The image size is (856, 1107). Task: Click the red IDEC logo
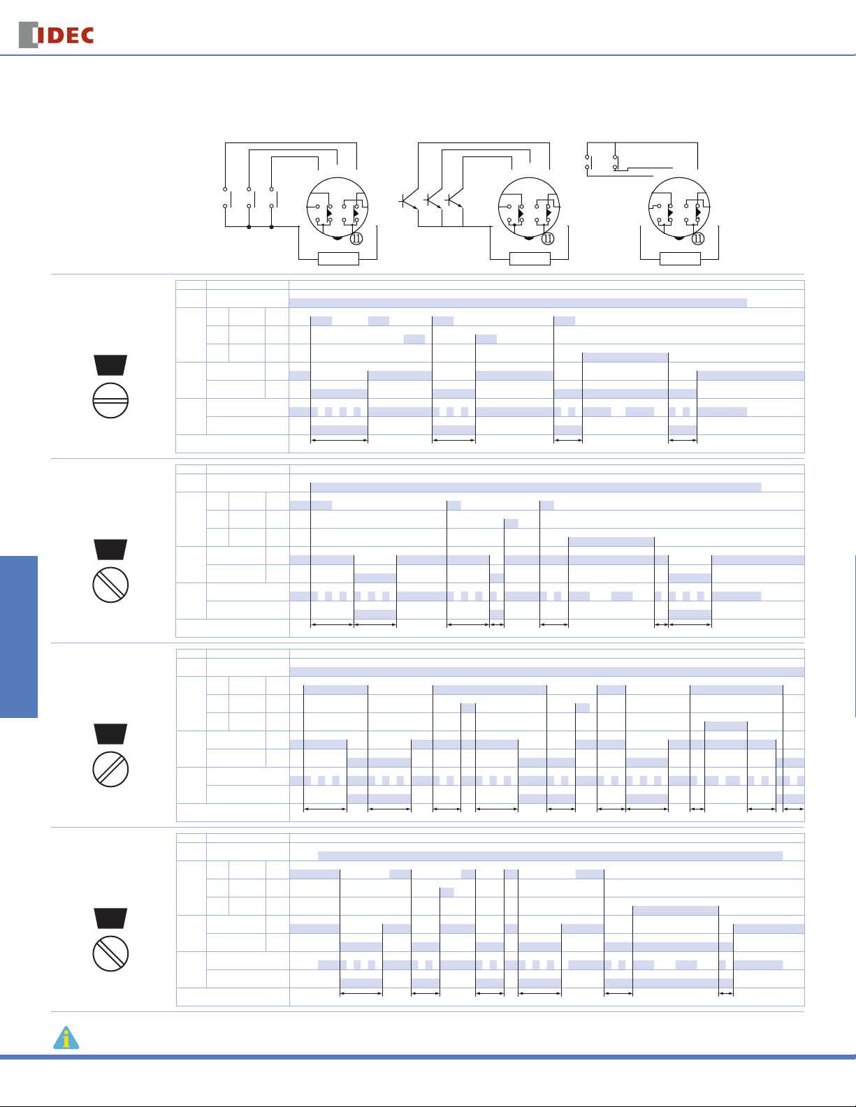click(56, 35)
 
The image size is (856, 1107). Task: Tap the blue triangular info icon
click(66, 1038)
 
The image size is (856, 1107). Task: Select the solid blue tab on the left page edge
click(19, 637)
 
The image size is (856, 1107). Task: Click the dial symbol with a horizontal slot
click(110, 400)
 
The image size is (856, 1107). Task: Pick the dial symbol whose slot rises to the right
click(110, 769)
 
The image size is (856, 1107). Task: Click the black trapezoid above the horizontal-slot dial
click(110, 365)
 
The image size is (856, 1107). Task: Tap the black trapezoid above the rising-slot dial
click(110, 733)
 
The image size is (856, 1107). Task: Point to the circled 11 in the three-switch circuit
click(356, 238)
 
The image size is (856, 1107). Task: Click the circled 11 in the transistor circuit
click(548, 238)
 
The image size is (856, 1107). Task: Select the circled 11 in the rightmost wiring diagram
click(698, 238)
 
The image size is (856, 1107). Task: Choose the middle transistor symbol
click(433, 200)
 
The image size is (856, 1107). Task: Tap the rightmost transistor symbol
click(454, 200)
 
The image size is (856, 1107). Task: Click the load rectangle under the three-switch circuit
click(338, 259)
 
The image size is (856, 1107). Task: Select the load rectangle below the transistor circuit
click(530, 259)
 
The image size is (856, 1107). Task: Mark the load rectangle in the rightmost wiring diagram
click(680, 259)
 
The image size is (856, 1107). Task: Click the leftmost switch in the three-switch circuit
click(226, 198)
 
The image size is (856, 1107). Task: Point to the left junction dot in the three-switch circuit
click(249, 227)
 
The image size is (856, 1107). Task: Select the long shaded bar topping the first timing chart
click(518, 302)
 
